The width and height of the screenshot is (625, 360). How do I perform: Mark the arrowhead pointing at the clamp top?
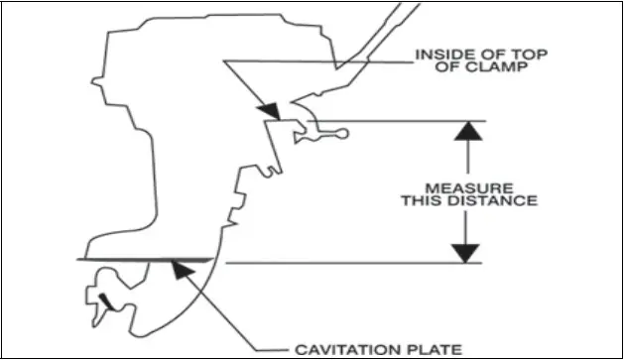(x=267, y=110)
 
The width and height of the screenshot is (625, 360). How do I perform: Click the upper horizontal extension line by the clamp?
(x=417, y=122)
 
